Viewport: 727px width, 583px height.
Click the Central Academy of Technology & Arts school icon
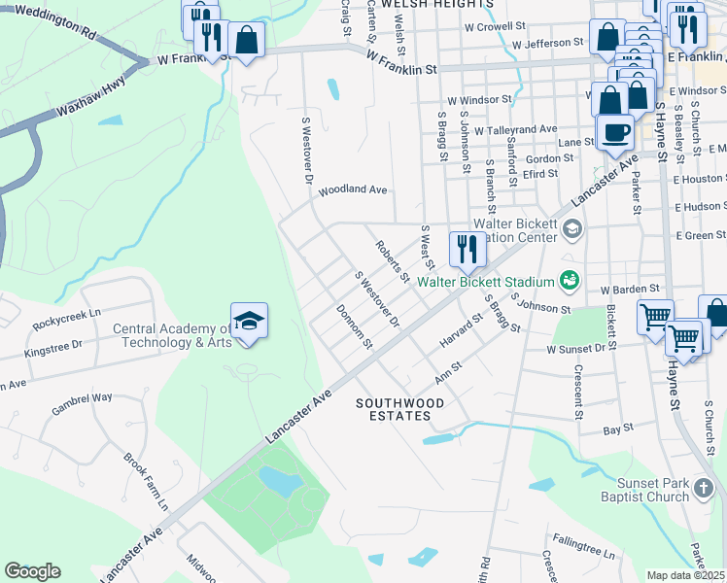[x=249, y=319]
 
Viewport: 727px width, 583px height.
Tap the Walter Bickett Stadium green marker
[x=570, y=281]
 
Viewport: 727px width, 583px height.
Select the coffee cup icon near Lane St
[x=614, y=132]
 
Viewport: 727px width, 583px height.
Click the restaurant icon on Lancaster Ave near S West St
[x=467, y=250]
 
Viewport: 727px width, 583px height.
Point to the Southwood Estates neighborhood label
[x=399, y=409]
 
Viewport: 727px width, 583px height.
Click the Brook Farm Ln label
[x=147, y=482]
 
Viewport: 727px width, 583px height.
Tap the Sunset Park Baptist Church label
[x=666, y=490]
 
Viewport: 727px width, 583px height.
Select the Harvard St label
[x=461, y=332]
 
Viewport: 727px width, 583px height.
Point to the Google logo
[x=32, y=570]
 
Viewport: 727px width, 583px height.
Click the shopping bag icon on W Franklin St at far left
[x=247, y=40]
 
